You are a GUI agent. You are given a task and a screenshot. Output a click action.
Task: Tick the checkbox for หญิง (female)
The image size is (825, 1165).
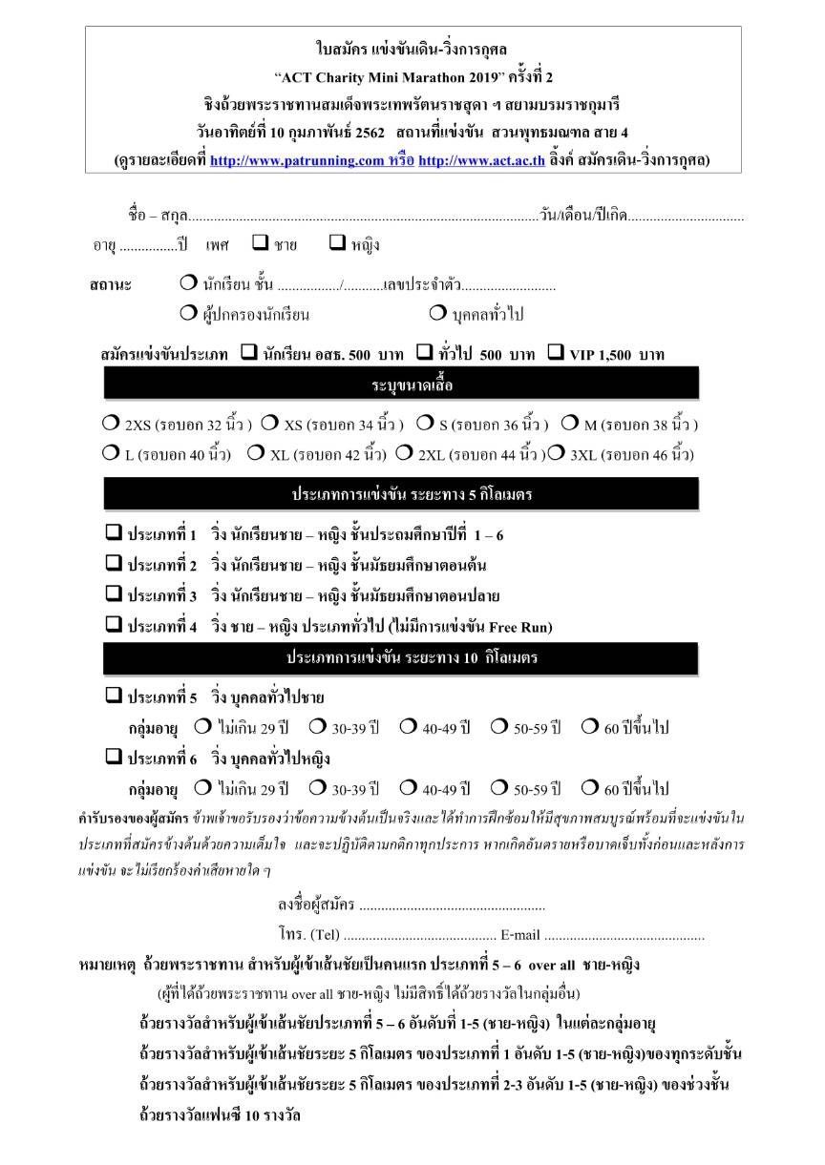tap(336, 243)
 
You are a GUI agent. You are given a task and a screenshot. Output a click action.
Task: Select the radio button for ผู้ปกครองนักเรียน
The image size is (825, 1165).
tap(187, 312)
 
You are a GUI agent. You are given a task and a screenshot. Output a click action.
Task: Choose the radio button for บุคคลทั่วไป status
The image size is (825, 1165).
tap(437, 312)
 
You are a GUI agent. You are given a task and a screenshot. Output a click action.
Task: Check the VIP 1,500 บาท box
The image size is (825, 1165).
tap(556, 353)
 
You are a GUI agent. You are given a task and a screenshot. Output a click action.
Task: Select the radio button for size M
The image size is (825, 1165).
tap(569, 423)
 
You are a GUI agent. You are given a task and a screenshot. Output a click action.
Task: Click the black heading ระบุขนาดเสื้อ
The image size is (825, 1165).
tap(412, 385)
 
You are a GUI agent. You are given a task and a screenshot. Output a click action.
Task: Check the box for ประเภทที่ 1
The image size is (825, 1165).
tap(113, 533)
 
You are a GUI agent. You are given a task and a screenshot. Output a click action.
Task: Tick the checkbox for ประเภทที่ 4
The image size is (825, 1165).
tap(113, 626)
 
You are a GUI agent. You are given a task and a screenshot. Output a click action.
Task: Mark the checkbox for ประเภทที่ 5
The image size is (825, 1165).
tap(113, 696)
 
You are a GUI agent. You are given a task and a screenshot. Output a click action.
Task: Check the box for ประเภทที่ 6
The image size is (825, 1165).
tap(113, 758)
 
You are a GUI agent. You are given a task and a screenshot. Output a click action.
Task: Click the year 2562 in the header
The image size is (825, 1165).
tap(369, 131)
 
